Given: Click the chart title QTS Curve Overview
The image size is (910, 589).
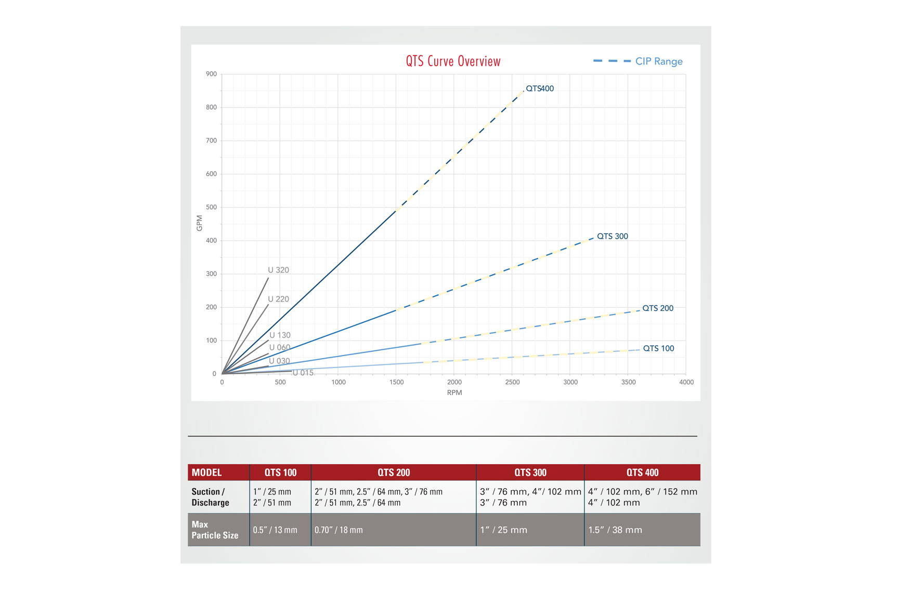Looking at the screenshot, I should (x=453, y=61).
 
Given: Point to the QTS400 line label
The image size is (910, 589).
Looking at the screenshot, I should (x=540, y=88).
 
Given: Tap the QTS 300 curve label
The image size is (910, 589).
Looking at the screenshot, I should (x=612, y=236).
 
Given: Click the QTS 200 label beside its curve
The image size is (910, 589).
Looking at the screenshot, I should (x=657, y=308).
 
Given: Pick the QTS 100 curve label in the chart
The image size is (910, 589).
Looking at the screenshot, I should (x=658, y=348).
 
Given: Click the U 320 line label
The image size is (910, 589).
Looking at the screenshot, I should (x=278, y=270).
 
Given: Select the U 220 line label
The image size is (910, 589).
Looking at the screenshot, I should (x=278, y=299).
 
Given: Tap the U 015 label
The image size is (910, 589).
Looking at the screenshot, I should (x=303, y=373).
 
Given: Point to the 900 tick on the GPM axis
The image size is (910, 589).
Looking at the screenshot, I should (x=211, y=74).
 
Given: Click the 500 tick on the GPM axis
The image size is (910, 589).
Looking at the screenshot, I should (x=211, y=207).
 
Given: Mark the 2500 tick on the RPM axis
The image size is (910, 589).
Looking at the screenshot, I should (x=512, y=382).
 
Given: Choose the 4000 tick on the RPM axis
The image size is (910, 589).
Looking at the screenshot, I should (x=686, y=382).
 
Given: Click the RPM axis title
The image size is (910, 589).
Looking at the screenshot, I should (x=454, y=392).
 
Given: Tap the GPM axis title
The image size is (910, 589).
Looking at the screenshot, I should (x=199, y=223).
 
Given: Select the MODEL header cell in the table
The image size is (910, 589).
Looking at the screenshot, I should (x=206, y=473).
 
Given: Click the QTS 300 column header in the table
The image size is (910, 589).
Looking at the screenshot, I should (x=530, y=473).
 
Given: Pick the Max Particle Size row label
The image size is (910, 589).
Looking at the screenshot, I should (x=215, y=530).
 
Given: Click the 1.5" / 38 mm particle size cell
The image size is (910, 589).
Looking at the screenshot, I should (x=615, y=530).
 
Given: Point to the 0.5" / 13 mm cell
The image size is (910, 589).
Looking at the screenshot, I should (x=275, y=530).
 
